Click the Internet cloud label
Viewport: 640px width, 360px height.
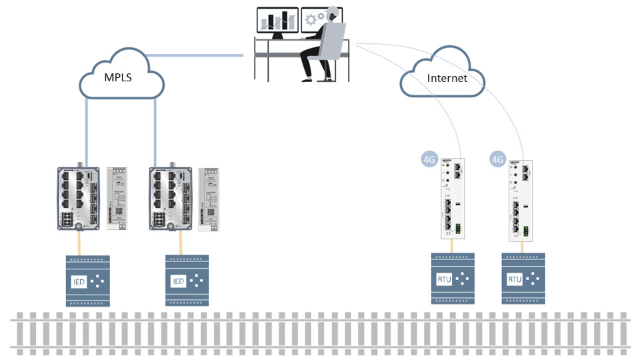tap(447, 78)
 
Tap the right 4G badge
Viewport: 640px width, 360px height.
tap(497, 159)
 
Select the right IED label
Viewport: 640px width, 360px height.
tap(178, 281)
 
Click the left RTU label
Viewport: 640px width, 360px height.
tap(444, 279)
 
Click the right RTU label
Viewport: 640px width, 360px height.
tap(514, 279)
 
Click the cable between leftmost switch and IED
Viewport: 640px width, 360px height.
tap(79, 244)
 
